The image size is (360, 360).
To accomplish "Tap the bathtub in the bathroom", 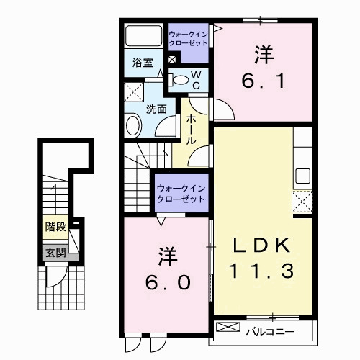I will (143, 37).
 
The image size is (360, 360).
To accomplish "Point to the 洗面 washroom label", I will (156, 109).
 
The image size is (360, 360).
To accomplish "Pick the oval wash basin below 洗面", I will (134, 126).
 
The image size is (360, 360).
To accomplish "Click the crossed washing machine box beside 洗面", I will (133, 93).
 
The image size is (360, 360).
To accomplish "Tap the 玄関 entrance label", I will (55, 252).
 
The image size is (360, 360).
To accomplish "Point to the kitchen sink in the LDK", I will (302, 176).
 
